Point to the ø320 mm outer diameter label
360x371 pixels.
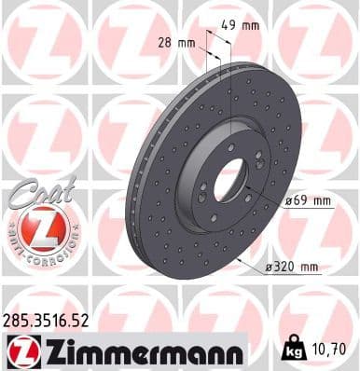pyautogui.click(x=291, y=268)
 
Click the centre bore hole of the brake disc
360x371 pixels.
pyautogui.click(x=228, y=180)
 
